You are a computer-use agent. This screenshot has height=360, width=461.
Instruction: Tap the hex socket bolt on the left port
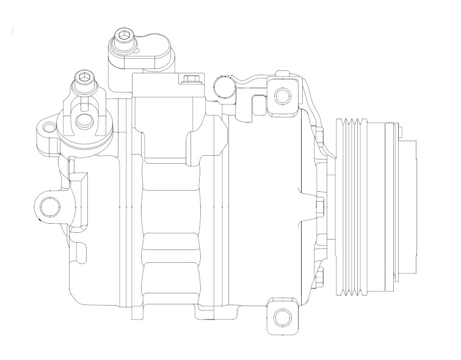(84, 78)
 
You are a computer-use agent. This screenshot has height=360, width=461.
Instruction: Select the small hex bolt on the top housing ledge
(189, 78)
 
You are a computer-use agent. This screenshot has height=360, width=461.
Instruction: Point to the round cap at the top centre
(223, 86)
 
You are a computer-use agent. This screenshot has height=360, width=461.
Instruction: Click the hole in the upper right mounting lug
(281, 96)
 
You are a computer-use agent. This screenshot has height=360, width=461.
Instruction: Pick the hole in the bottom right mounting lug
(281, 317)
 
